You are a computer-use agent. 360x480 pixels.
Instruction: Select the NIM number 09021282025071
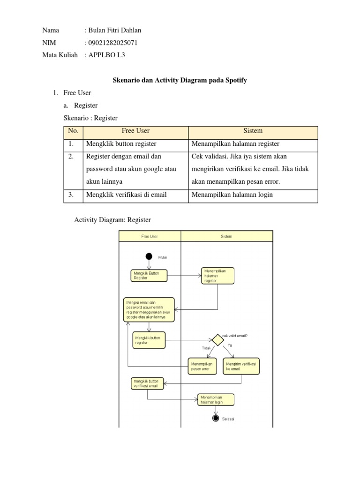112,43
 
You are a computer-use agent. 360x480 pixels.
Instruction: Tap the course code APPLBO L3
106,55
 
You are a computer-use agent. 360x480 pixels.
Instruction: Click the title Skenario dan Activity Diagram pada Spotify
180,80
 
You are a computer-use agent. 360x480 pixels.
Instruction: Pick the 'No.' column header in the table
74,131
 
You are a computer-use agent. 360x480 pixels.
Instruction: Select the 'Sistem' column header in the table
253,131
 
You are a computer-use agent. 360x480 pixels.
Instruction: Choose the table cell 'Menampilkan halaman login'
232,195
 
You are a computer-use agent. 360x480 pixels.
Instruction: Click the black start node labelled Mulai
149,256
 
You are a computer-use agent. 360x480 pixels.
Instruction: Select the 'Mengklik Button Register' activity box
149,275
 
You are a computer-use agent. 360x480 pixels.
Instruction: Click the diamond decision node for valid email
217,340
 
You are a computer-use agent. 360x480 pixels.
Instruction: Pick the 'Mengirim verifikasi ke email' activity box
241,366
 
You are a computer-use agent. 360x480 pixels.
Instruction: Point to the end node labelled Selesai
216,418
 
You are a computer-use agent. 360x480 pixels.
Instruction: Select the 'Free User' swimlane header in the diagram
150,237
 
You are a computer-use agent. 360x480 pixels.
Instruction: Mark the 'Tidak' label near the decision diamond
206,348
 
